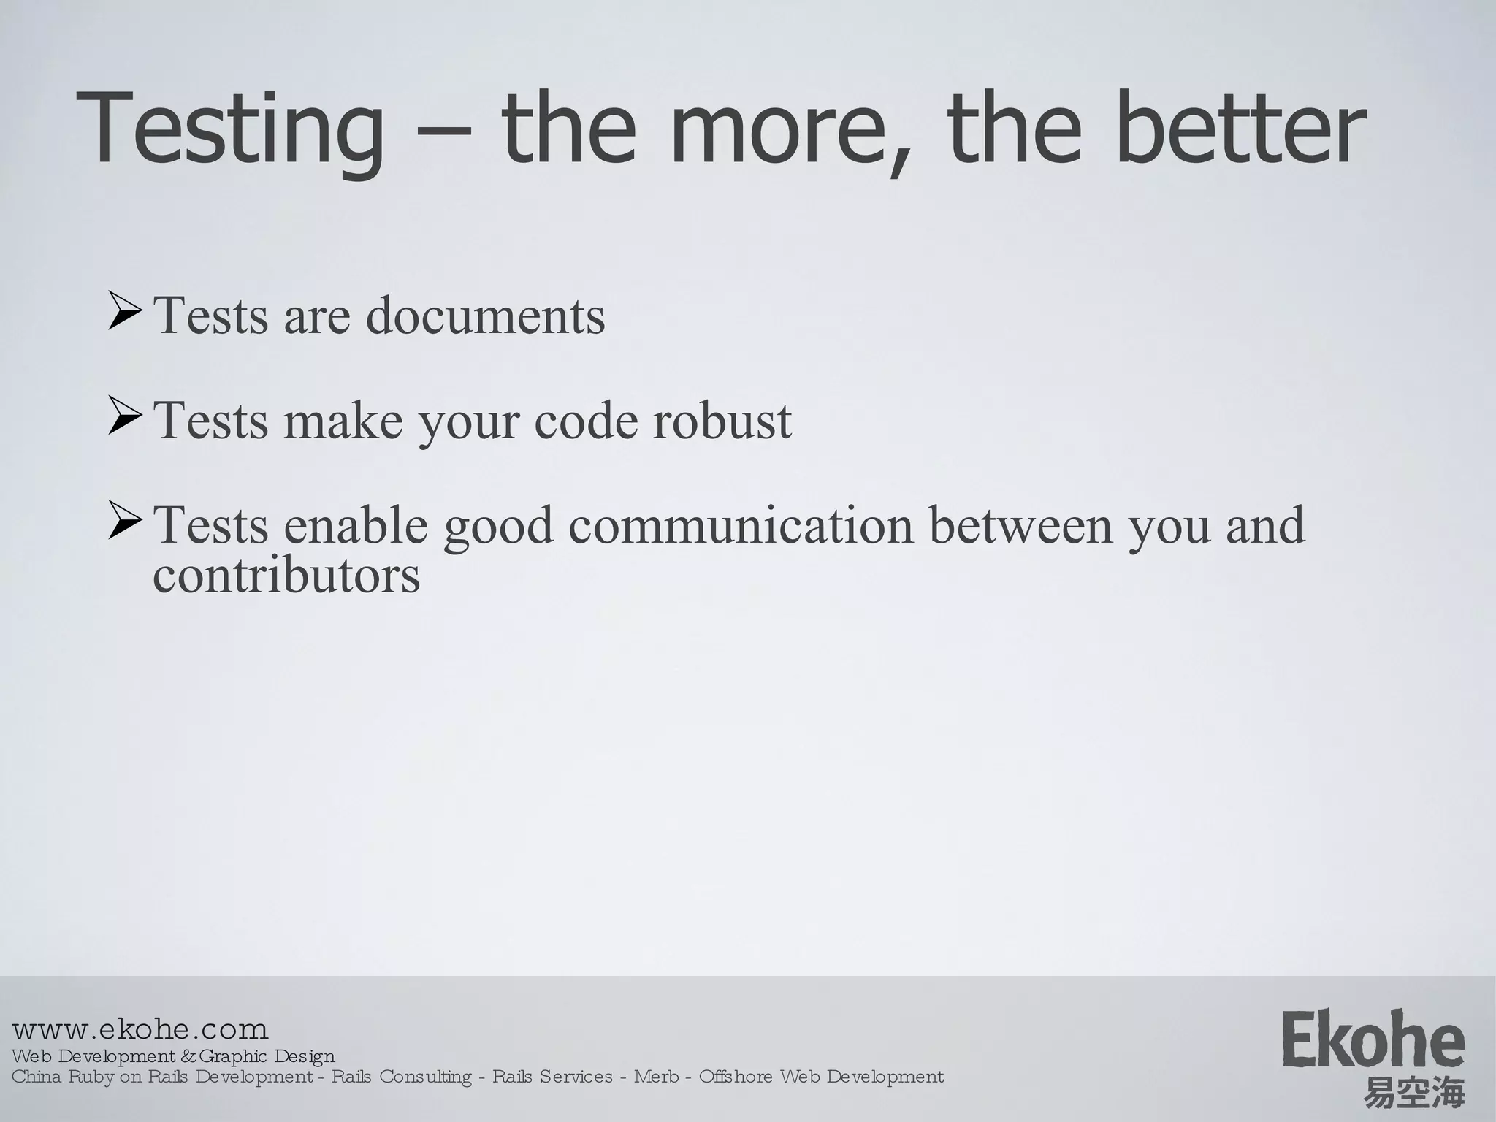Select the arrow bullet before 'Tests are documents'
124,310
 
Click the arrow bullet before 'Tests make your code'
124,416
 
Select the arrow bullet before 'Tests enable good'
124,520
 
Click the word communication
741,525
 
